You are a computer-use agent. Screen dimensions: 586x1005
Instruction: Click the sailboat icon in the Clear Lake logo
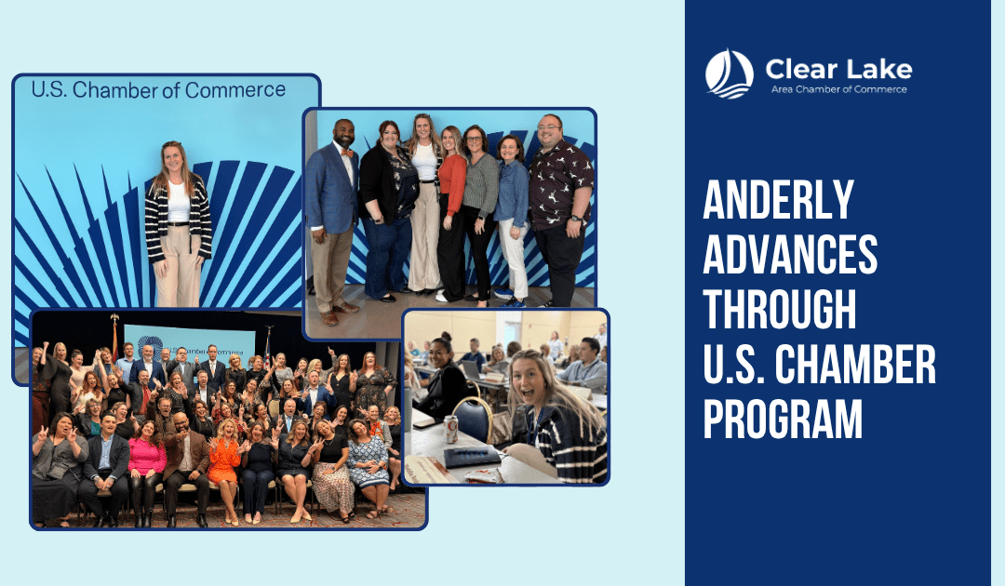729,74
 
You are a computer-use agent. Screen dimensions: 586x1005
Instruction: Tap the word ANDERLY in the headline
778,200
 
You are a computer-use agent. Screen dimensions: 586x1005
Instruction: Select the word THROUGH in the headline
780,310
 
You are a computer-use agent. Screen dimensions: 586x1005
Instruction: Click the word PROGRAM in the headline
783,419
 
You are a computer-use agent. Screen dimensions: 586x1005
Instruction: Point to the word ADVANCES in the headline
790,255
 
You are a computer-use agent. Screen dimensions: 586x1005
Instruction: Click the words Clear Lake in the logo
838,69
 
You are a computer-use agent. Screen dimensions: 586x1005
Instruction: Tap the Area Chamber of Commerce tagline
838,89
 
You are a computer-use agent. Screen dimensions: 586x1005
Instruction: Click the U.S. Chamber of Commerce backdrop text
158,90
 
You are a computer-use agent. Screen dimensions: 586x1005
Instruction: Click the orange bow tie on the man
346,153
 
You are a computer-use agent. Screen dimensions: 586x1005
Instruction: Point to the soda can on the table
451,429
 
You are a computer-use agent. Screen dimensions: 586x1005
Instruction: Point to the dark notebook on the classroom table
471,457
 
